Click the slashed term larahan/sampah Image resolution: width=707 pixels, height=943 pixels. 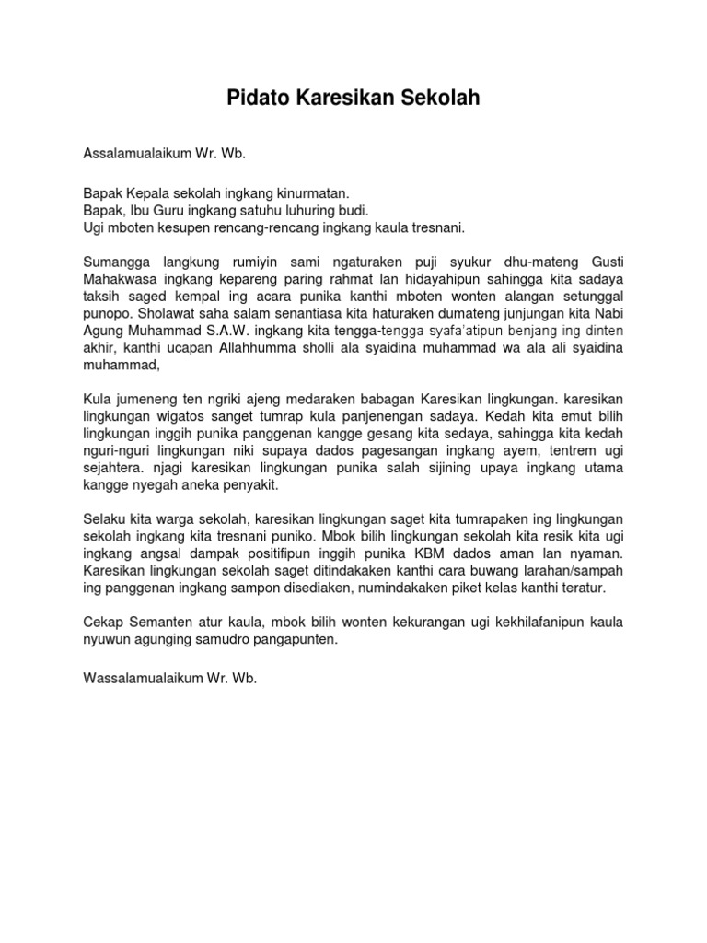coord(575,571)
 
